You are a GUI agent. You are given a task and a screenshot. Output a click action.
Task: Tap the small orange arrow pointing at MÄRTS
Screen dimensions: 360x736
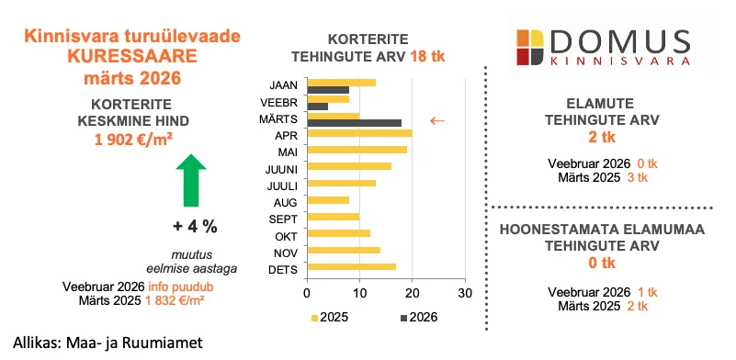tap(437, 120)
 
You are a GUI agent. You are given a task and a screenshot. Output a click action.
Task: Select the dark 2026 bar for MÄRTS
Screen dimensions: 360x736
tap(354, 123)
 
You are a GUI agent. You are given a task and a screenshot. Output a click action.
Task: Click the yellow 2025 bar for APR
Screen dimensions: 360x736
tap(359, 133)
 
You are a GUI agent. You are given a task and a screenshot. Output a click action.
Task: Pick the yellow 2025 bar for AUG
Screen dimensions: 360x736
tap(328, 199)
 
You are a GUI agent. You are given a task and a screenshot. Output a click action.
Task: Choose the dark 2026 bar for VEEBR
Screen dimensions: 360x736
tap(318, 107)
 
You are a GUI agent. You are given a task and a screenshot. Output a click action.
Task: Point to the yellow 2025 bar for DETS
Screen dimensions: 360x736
tap(352, 267)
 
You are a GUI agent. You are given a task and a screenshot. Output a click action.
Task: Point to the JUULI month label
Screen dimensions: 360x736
tap(280, 185)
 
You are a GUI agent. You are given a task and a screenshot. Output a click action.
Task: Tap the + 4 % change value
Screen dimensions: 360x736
tap(196, 226)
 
